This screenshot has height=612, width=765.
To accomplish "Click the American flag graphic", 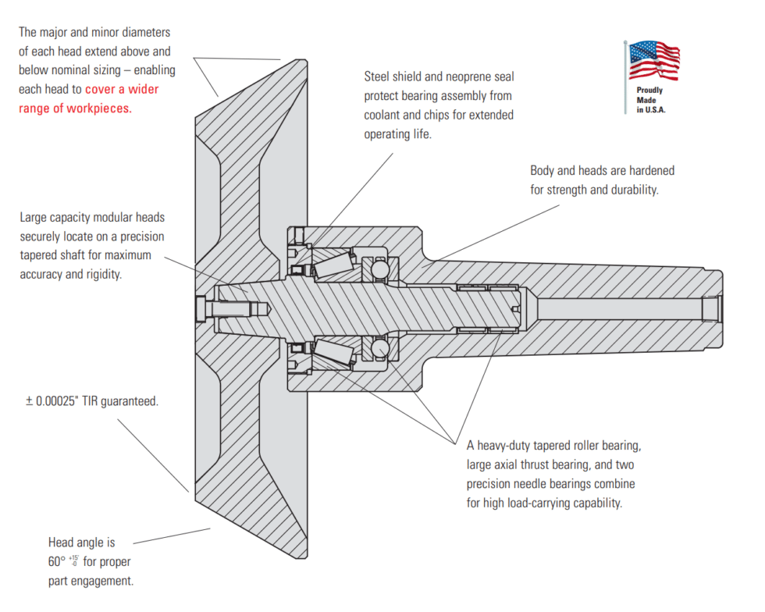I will (x=653, y=61).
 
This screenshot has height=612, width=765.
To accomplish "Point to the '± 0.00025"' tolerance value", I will (x=55, y=401).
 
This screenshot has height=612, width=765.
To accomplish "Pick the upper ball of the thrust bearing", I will (x=379, y=269).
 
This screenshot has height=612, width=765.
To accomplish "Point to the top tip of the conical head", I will (x=300, y=60).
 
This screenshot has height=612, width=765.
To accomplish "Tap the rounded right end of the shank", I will (x=719, y=308).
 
